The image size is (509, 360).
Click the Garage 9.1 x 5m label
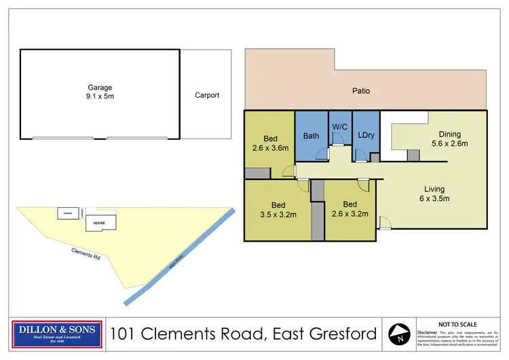tap(99, 92)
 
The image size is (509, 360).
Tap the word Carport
tap(207, 95)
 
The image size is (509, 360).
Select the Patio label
tap(360, 90)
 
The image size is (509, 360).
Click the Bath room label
tap(311, 136)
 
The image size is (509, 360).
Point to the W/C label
tap(339, 126)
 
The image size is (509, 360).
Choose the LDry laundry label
tap(366, 136)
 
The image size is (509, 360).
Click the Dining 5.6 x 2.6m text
tap(449, 139)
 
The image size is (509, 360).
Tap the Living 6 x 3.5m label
tap(434, 194)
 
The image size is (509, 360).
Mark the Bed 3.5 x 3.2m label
tap(278, 209)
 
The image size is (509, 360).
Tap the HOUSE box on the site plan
tap(99, 223)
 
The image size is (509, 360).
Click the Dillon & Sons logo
tap(57, 334)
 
